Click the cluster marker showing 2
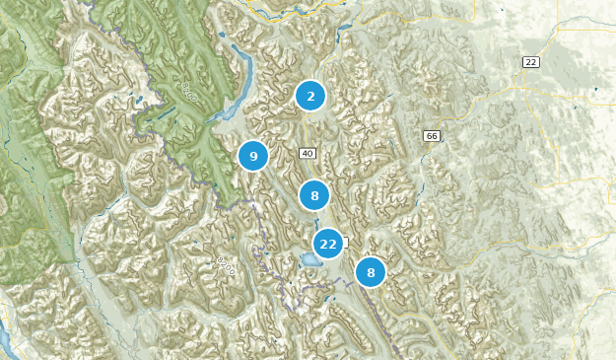[x=310, y=96]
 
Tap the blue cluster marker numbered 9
[x=253, y=156]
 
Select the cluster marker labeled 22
[x=328, y=243]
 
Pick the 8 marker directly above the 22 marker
[x=313, y=195]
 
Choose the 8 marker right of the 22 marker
[x=371, y=272]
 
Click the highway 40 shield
[x=308, y=153]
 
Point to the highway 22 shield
[x=530, y=62]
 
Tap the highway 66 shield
[x=431, y=135]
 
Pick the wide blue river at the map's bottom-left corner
[x=5, y=340]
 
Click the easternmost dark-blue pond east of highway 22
[x=595, y=92]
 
